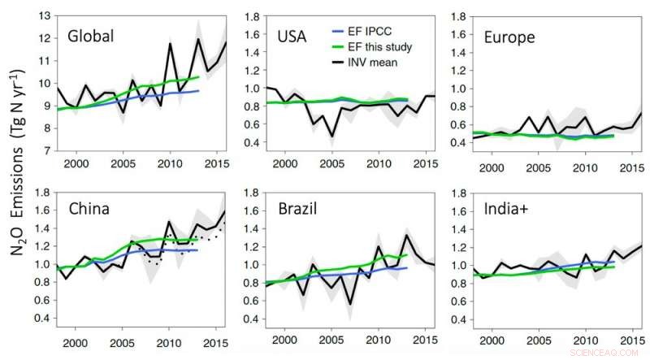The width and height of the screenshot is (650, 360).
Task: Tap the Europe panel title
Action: click(509, 38)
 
